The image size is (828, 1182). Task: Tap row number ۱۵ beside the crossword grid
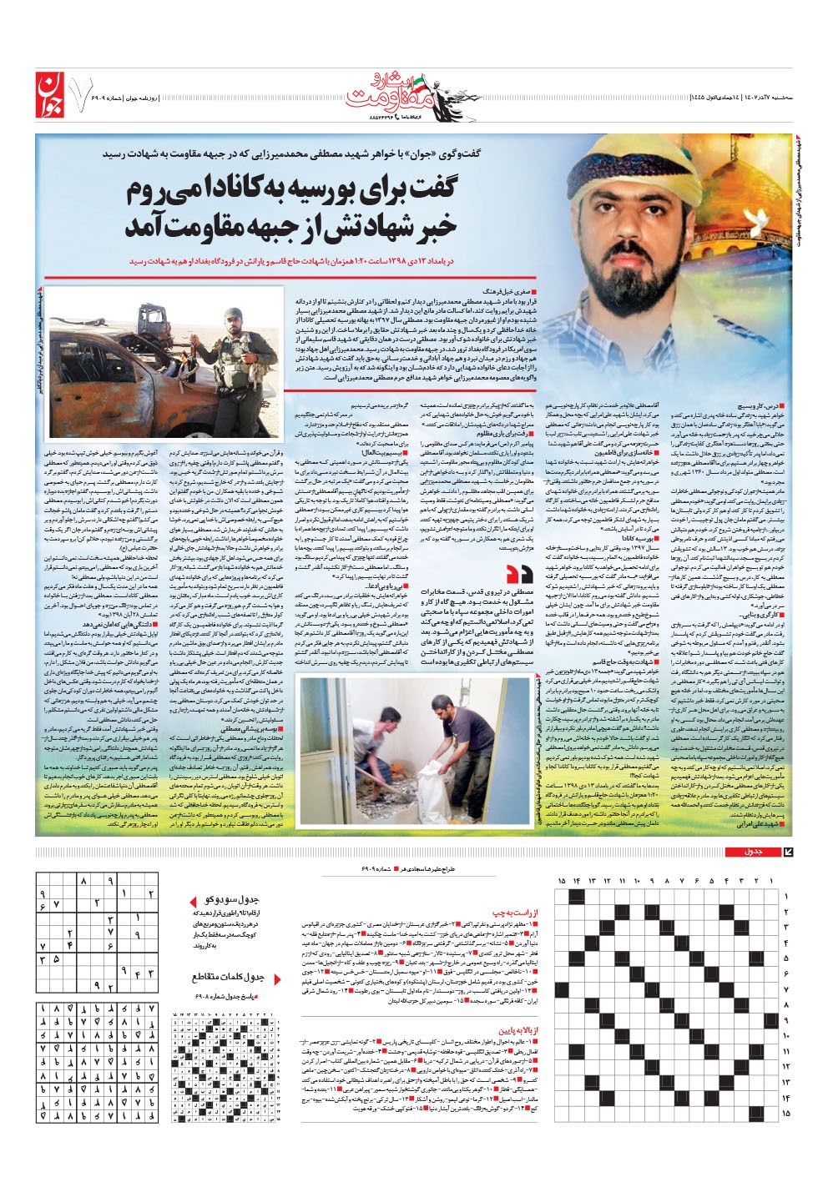coord(785,1113)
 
